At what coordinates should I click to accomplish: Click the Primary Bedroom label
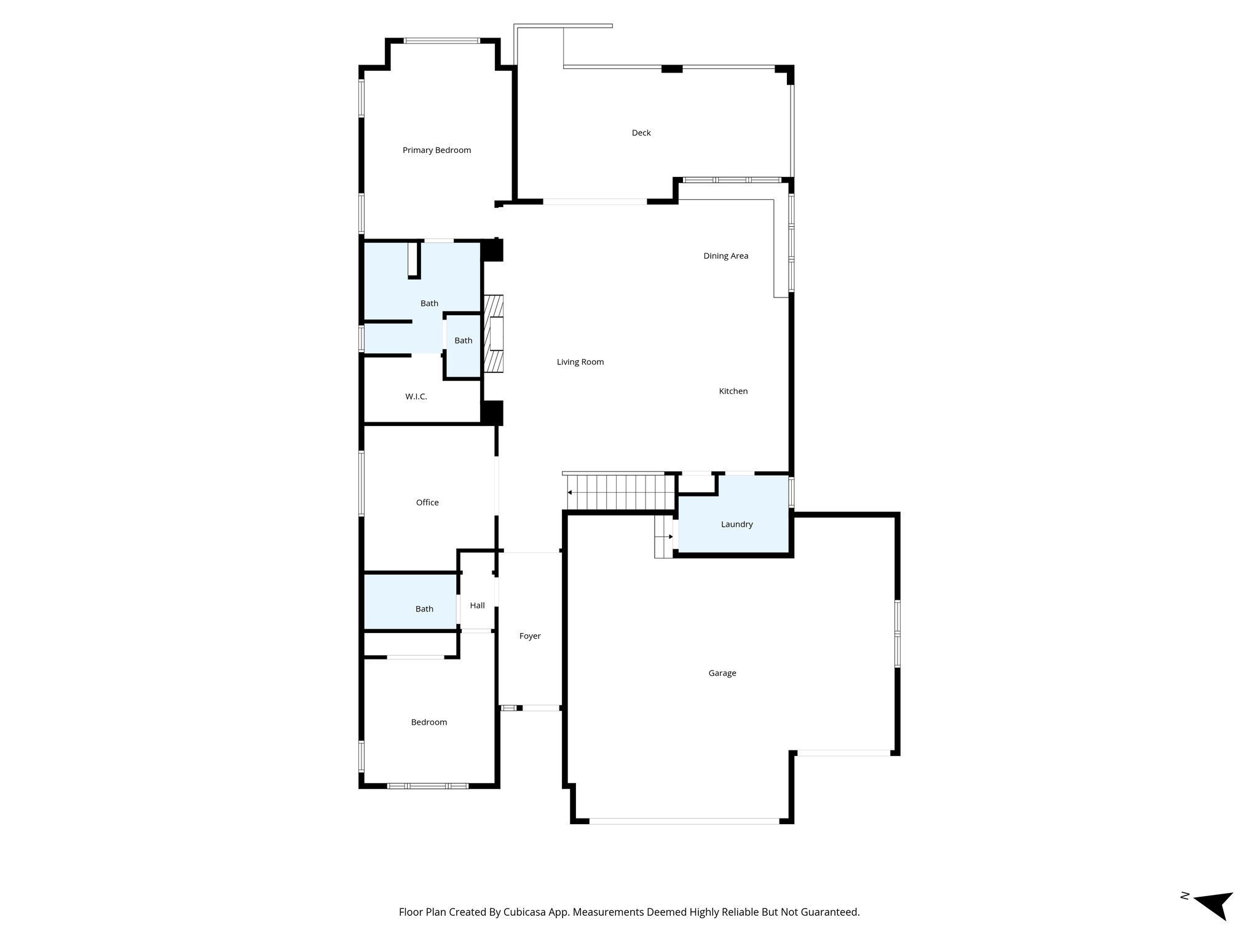[x=436, y=150]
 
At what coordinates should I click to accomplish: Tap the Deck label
[x=641, y=133]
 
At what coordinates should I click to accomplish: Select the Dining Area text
[x=725, y=256]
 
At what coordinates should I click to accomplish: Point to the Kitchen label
[x=733, y=391]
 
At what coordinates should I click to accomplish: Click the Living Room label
[x=580, y=362]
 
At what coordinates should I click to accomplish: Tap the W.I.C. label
[x=416, y=396]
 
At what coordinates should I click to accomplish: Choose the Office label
[x=427, y=502]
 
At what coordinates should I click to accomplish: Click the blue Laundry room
[x=736, y=524]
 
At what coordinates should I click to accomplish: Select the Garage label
[x=722, y=673]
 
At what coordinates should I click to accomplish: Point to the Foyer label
[x=529, y=636]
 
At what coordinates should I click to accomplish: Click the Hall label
[x=477, y=605]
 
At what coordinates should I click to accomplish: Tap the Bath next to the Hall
[x=424, y=608]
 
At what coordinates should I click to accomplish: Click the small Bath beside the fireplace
[x=463, y=340]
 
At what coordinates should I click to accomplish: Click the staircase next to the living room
[x=618, y=492]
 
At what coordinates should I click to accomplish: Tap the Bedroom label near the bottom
[x=428, y=722]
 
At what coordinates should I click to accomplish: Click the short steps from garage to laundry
[x=664, y=537]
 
